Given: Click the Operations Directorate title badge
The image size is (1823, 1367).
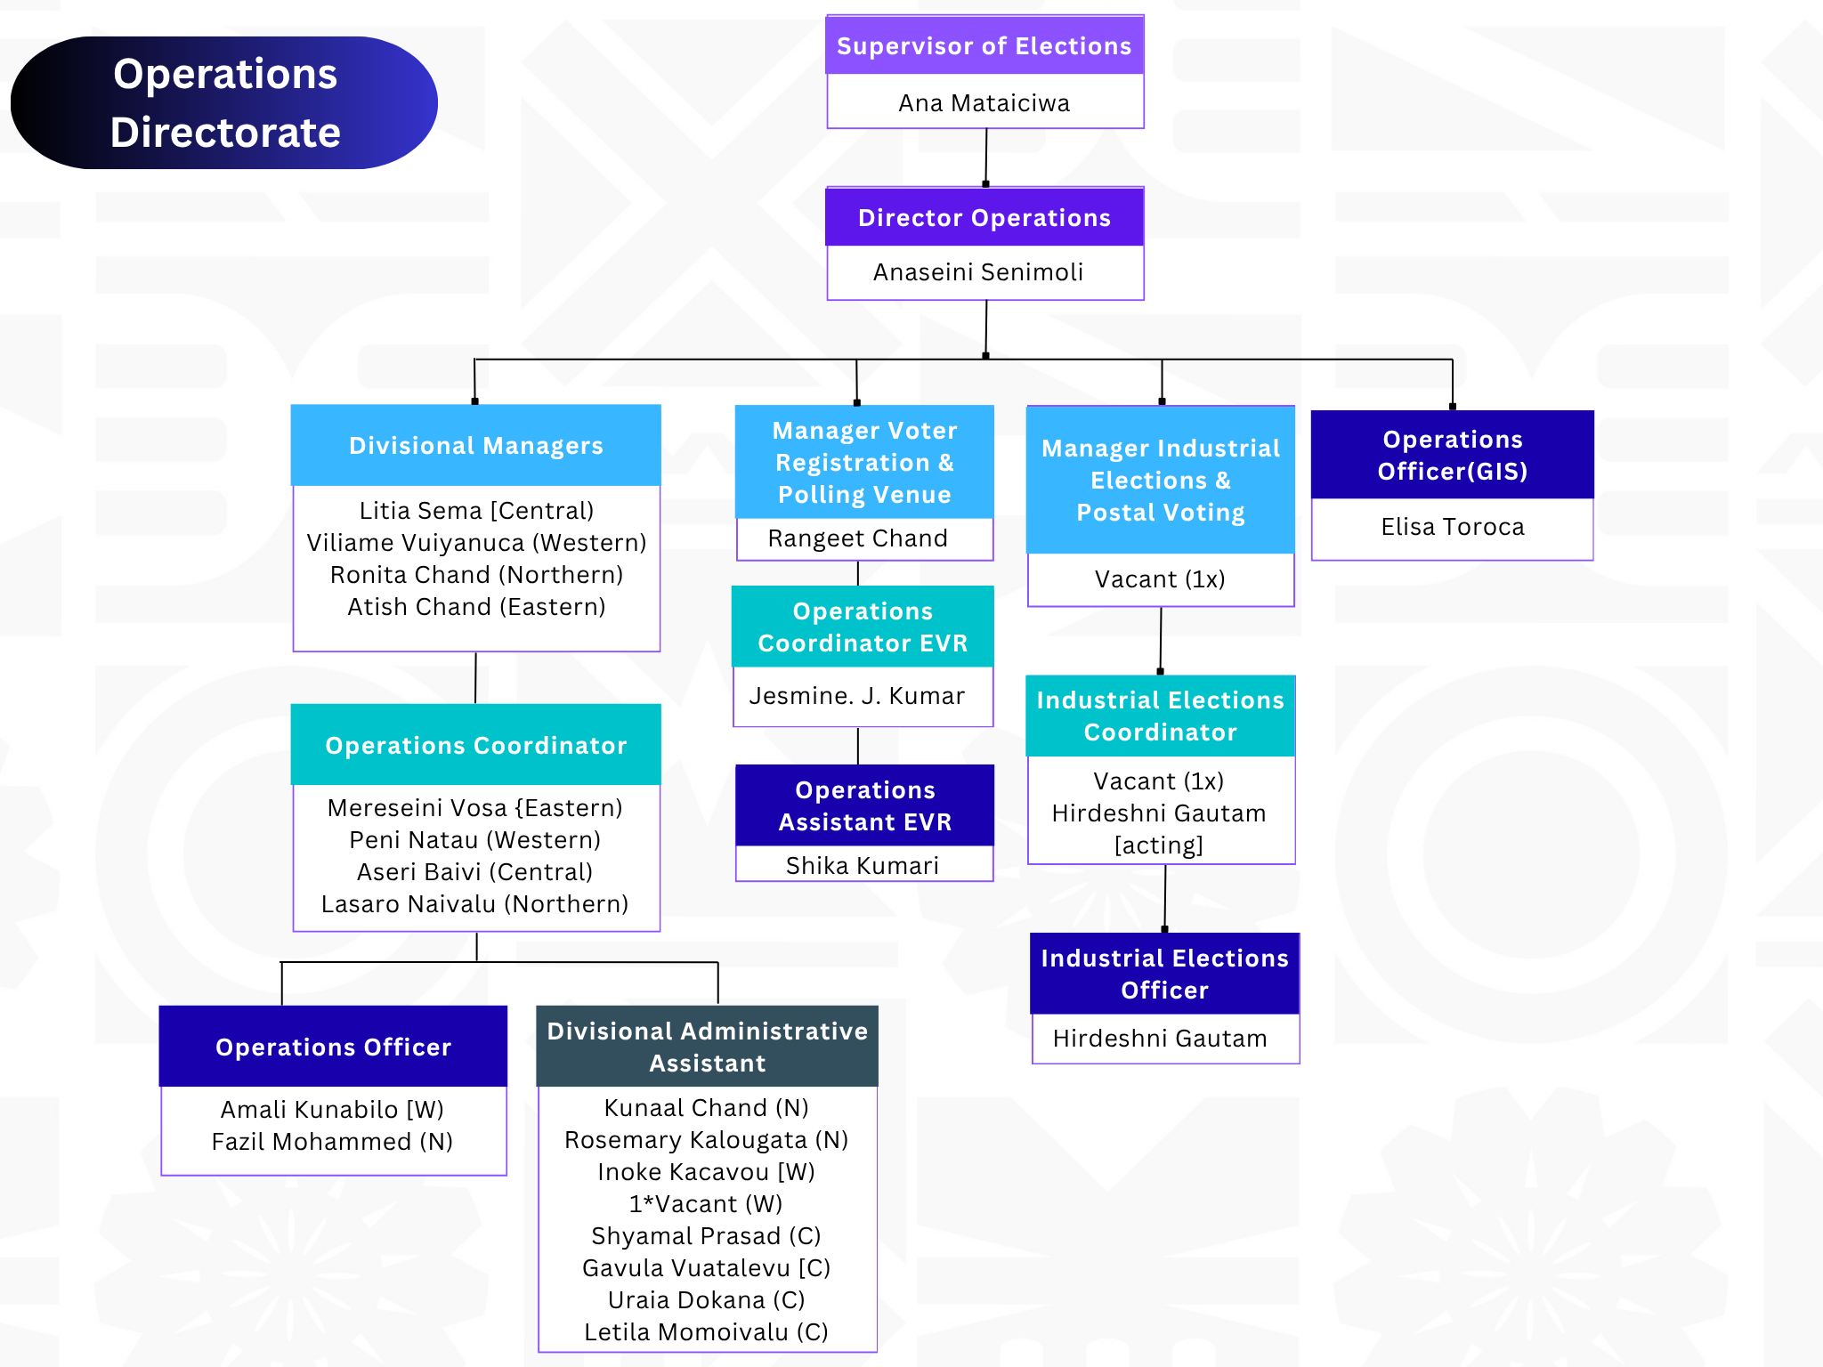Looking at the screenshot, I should click(x=224, y=102).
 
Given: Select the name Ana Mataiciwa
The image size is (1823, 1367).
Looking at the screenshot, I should click(x=984, y=103).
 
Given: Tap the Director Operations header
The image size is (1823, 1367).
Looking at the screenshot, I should click(x=984, y=217).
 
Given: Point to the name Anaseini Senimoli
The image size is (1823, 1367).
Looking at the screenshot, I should click(x=978, y=272).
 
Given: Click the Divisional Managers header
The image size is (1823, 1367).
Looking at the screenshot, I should click(x=475, y=446).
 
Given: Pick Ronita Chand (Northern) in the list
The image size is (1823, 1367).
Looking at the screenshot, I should click(x=476, y=575).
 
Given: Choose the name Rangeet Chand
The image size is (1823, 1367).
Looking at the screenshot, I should click(x=857, y=538).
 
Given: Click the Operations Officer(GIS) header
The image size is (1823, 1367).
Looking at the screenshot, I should click(x=1452, y=455).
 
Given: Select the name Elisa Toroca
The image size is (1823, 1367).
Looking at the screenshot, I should click(x=1452, y=527).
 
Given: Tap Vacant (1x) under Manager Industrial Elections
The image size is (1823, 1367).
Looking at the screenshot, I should click(x=1160, y=579).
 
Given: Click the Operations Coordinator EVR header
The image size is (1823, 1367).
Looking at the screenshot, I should click(x=863, y=627).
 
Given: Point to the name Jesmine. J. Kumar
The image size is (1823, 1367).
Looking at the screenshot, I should click(x=856, y=696).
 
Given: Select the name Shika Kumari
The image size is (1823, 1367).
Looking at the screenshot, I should click(x=862, y=865).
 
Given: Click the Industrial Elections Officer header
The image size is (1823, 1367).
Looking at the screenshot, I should click(x=1164, y=974).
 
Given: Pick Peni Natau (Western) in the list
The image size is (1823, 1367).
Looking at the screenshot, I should click(x=474, y=840).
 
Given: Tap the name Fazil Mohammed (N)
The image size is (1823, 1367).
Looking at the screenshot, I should click(x=332, y=1142).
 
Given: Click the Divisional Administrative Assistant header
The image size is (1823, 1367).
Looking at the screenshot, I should click(x=707, y=1047).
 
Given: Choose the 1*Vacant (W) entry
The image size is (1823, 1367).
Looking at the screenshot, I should click(x=705, y=1204).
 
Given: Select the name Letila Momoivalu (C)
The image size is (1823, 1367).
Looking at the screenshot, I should click(x=706, y=1332).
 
